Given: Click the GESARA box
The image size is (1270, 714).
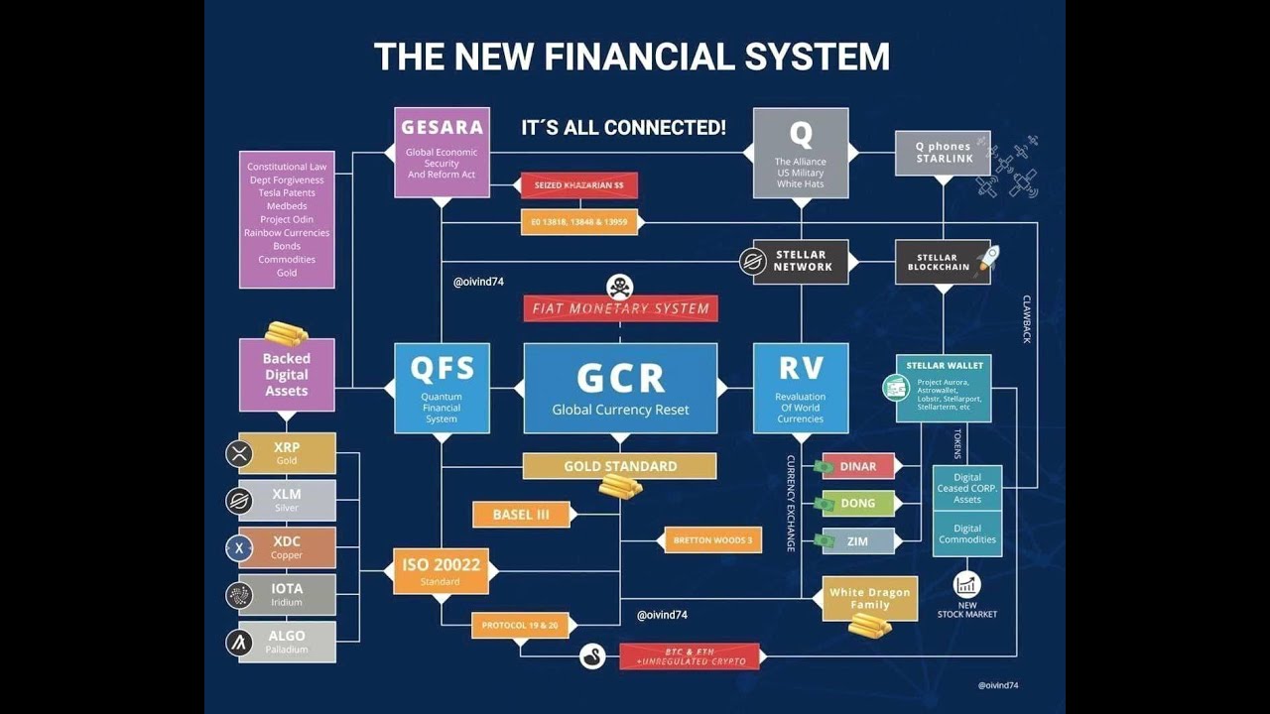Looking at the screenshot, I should (442, 152).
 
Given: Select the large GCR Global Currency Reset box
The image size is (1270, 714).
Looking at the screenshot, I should (620, 388).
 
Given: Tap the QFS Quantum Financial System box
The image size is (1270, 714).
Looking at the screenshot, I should (442, 388).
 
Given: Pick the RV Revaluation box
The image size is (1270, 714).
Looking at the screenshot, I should (801, 388).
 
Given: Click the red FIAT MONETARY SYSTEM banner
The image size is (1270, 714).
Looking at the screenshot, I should (620, 308).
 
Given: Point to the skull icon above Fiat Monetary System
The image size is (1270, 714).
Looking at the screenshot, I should (620, 286).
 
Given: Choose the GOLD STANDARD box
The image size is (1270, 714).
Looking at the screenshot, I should (620, 466).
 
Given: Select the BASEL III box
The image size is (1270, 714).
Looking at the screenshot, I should (522, 515).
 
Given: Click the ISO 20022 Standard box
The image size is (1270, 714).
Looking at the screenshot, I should (441, 570).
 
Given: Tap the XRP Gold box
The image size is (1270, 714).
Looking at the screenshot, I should (287, 453).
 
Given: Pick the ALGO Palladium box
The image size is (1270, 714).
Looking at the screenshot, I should (287, 642).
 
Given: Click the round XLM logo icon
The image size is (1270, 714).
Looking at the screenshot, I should (239, 501).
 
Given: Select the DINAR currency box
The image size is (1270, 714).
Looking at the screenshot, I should (858, 466).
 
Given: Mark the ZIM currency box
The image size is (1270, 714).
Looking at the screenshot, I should (858, 541).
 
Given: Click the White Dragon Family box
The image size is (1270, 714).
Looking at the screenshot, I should (870, 598).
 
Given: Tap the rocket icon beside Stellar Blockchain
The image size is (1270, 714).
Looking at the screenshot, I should (986, 259).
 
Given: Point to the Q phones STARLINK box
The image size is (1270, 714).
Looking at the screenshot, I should (943, 153).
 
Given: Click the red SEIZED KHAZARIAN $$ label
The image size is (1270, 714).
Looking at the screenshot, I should (578, 185).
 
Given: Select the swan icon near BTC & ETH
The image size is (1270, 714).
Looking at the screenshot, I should (592, 655).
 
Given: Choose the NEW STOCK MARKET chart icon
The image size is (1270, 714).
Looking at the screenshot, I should (966, 584).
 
